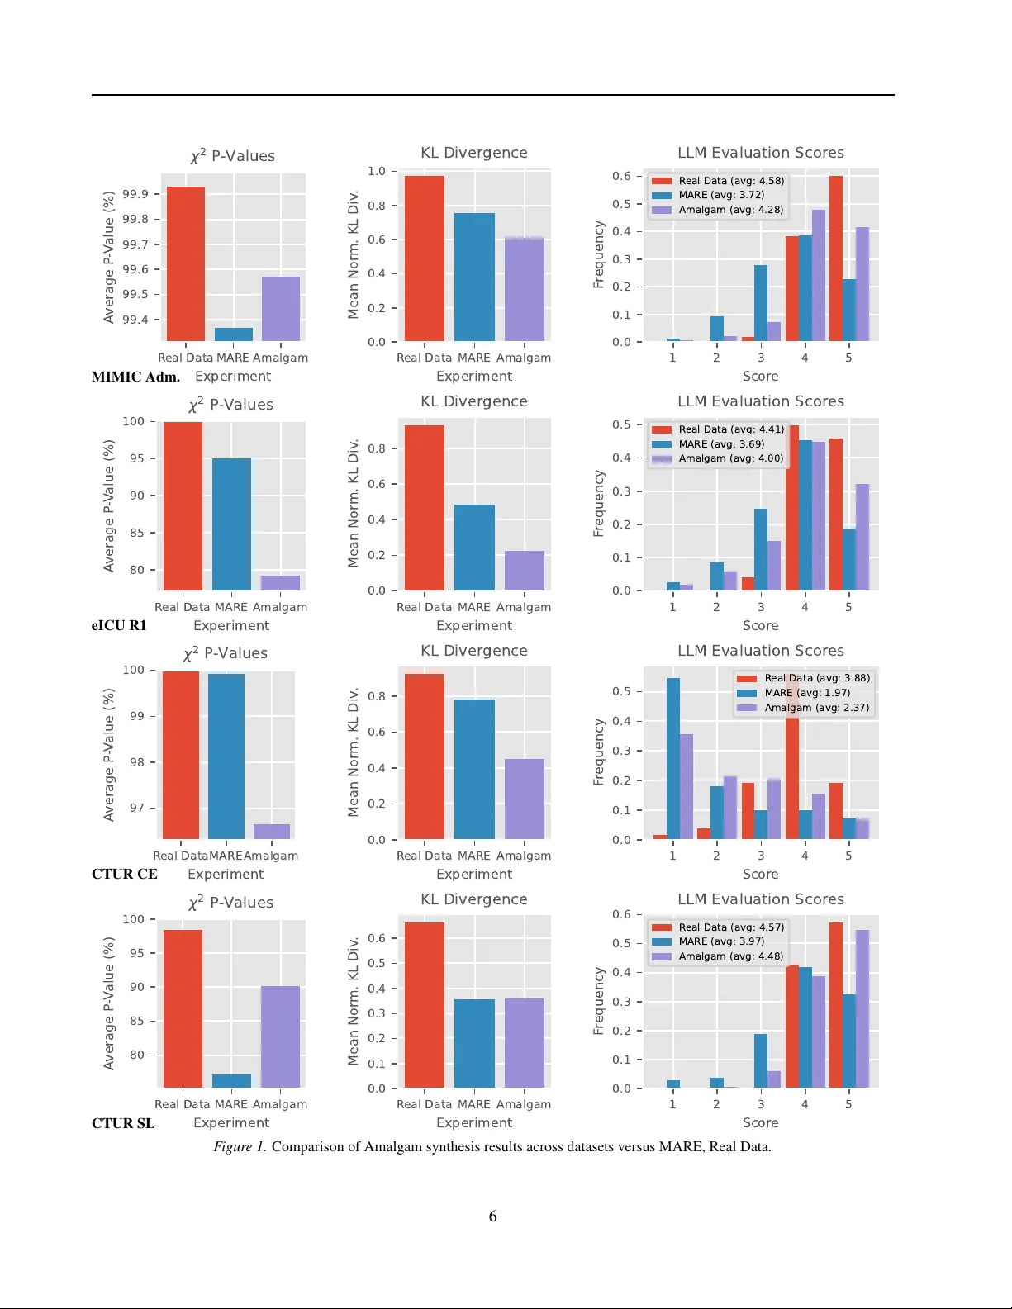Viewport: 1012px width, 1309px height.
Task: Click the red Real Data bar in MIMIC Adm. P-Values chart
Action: coord(186,264)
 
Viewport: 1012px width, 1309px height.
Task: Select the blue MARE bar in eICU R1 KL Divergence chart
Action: coord(474,548)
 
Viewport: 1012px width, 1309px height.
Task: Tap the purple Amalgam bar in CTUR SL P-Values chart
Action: coord(280,1036)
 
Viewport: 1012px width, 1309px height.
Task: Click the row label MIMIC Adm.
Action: coord(135,377)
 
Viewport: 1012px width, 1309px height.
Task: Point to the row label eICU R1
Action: coord(119,626)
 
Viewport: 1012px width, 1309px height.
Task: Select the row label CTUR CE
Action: coord(124,875)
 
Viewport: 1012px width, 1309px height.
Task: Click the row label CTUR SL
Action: coord(123,1123)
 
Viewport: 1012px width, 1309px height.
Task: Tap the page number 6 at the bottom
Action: coord(493,1217)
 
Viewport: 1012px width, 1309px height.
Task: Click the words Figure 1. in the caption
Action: coord(240,1147)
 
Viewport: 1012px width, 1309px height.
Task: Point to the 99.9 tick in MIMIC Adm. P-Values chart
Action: coord(135,194)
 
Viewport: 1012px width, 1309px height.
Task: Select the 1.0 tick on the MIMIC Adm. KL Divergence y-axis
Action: coord(377,171)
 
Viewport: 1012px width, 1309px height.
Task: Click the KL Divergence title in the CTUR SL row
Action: coord(474,899)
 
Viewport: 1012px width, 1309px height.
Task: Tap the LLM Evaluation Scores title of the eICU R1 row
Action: coord(761,401)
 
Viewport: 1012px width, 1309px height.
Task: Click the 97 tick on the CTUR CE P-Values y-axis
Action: coord(137,808)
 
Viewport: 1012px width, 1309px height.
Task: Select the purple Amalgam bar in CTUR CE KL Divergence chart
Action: coord(525,799)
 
